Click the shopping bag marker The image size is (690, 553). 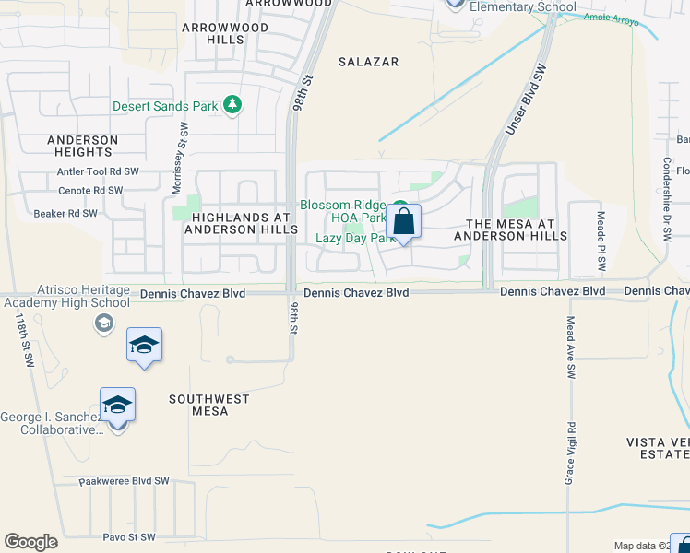403,222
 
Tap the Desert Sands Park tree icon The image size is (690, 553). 233,105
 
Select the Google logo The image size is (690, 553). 30,542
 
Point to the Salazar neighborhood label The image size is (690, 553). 368,62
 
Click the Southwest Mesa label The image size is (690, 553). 208,405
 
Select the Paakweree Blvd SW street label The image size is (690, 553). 125,480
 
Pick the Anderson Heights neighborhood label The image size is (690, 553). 83,146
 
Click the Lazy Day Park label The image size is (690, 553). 350,237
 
